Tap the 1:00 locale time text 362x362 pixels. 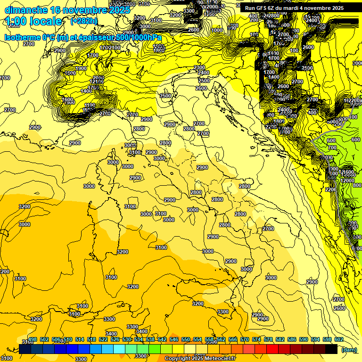[x=34, y=21]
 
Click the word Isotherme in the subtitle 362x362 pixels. [x=22, y=37]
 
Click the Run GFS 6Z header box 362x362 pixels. [x=294, y=8]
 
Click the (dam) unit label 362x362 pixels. [x=349, y=350]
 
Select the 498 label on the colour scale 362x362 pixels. [x=33, y=339]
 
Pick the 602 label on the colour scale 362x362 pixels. [x=338, y=339]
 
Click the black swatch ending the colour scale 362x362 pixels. [x=331, y=349]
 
